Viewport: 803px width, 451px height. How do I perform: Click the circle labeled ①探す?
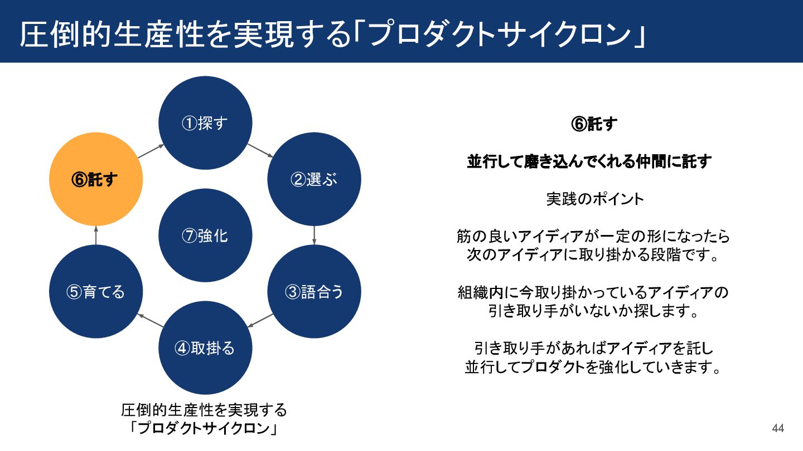coord(205,122)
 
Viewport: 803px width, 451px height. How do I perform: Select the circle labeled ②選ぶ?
coord(315,179)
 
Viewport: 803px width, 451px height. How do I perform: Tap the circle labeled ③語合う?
coord(315,291)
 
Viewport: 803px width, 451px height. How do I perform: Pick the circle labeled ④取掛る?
coord(205,348)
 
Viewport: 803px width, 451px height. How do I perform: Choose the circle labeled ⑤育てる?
coord(96,291)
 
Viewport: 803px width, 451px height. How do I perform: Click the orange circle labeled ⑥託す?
coord(96,179)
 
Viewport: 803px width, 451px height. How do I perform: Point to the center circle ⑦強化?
coord(205,235)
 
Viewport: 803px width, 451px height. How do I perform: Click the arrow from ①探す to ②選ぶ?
coord(259,150)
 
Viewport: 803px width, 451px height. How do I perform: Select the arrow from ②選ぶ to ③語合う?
coord(315,235)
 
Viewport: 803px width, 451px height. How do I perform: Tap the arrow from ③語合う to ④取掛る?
coord(260,320)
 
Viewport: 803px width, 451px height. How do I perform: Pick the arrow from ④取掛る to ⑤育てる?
coord(150,320)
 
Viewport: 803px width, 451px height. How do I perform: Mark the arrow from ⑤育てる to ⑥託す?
coord(96,235)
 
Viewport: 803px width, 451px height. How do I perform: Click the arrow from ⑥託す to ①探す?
coord(151,150)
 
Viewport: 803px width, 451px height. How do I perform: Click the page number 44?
coord(778,428)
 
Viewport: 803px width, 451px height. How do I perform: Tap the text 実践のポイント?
coord(594,199)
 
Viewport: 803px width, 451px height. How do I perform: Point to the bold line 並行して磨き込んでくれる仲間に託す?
coord(589,161)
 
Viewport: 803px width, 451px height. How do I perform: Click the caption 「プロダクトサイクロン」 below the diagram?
coord(204,429)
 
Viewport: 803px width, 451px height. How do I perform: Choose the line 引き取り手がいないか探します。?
coord(593,311)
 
